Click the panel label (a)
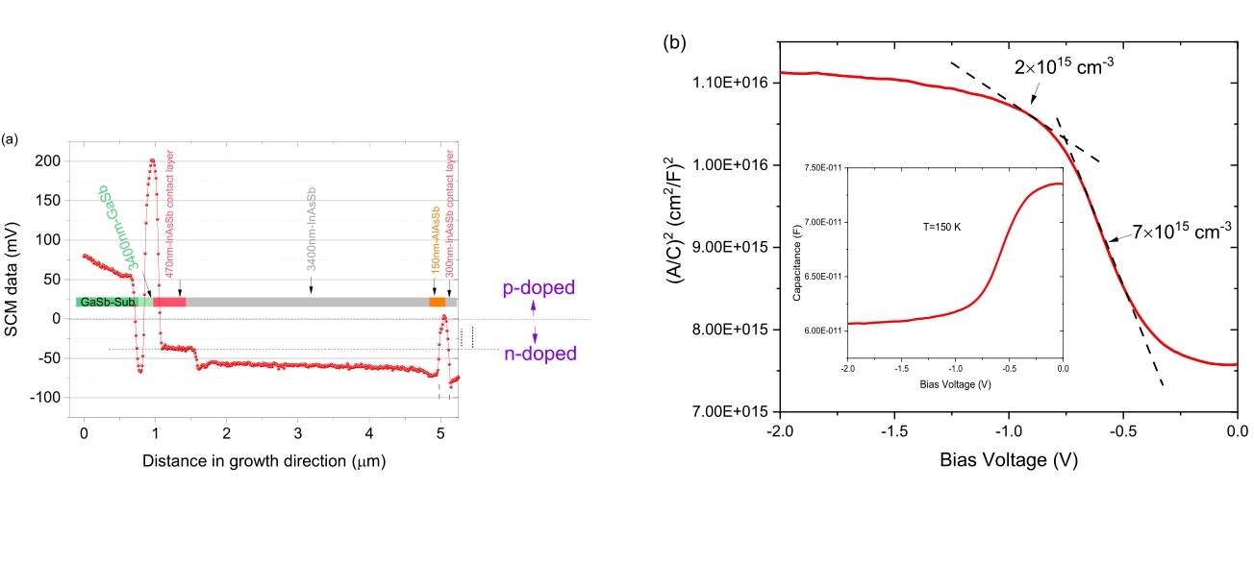tap(11, 140)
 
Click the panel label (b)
tap(675, 42)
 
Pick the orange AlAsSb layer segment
tap(437, 302)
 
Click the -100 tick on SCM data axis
tap(45, 397)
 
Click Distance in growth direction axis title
tap(263, 461)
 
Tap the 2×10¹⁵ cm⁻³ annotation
tap(1061, 68)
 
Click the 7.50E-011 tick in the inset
tap(822, 168)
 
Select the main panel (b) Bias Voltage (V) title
tap(1008, 460)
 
